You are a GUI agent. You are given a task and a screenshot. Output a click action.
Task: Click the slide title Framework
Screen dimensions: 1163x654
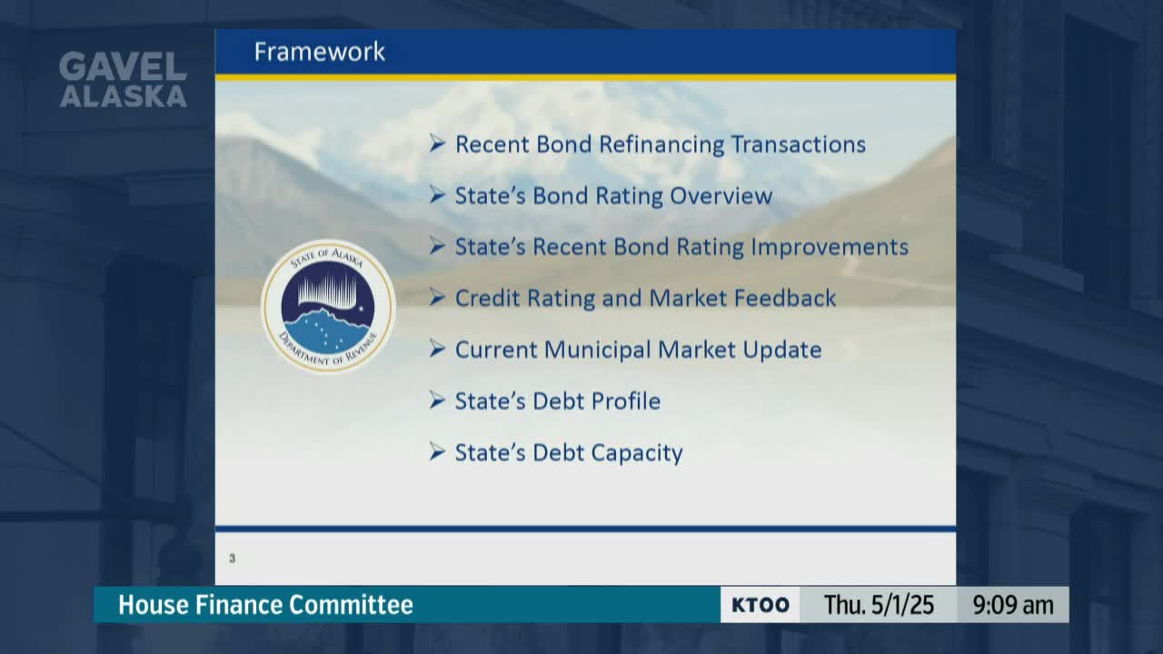(x=319, y=52)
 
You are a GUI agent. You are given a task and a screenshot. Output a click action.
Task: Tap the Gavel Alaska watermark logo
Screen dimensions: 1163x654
(x=123, y=79)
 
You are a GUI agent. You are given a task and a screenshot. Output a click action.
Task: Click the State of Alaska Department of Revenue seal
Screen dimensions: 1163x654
(x=328, y=306)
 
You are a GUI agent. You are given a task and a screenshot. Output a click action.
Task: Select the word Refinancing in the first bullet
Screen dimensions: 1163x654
(x=661, y=144)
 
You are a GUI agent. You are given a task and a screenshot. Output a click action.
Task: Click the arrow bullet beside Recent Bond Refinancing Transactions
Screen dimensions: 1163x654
(x=437, y=144)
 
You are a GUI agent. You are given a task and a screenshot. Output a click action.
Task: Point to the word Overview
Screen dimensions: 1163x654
(x=721, y=195)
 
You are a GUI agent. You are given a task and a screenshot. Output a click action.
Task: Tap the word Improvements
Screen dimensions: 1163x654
(x=830, y=247)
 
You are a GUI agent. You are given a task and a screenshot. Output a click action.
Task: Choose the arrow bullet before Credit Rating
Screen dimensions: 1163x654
(x=437, y=297)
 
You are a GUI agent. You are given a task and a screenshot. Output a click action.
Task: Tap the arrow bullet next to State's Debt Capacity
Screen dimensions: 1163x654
(x=437, y=451)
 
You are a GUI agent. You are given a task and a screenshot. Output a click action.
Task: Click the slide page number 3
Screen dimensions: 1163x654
(x=232, y=559)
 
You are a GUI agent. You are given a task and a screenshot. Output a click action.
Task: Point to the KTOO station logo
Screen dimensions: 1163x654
(x=760, y=605)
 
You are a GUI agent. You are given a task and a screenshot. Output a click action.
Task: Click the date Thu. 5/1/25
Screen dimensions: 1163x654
(x=879, y=605)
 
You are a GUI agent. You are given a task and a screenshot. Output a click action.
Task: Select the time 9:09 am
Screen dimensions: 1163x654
(x=1013, y=605)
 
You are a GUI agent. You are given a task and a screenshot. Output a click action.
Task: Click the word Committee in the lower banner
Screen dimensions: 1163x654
(x=351, y=605)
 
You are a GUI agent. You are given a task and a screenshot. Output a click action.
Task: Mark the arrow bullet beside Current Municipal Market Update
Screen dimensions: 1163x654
(x=437, y=349)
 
